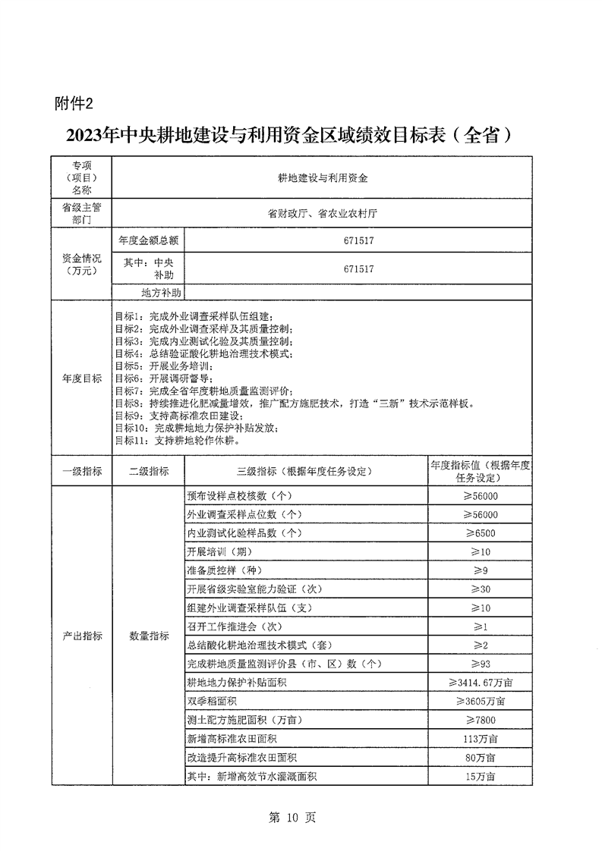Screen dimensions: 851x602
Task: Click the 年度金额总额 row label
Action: click(x=148, y=241)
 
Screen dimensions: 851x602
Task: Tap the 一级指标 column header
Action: click(x=81, y=471)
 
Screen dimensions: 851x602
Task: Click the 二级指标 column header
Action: click(x=148, y=471)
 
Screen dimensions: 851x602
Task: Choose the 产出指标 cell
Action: click(x=81, y=636)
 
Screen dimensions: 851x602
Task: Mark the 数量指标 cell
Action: click(x=148, y=636)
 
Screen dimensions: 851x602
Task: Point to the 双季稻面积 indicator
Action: click(x=215, y=701)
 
